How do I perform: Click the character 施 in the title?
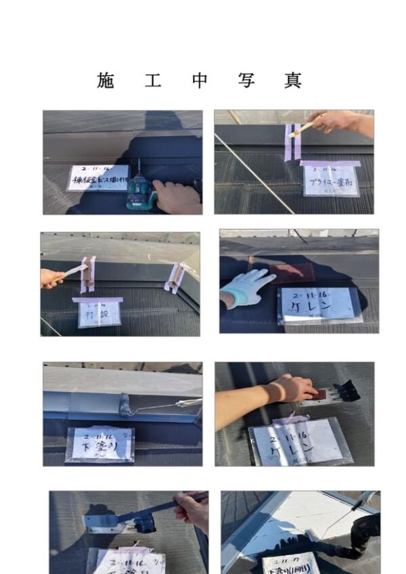106,81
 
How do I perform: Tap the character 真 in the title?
293,81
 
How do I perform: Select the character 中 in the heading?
200,81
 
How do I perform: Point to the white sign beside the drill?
97,178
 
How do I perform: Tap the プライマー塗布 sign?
330,180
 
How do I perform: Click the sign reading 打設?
99,313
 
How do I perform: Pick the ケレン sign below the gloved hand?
319,306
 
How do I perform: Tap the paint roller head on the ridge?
125,405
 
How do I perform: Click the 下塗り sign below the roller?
100,444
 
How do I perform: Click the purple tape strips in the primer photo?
293,141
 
